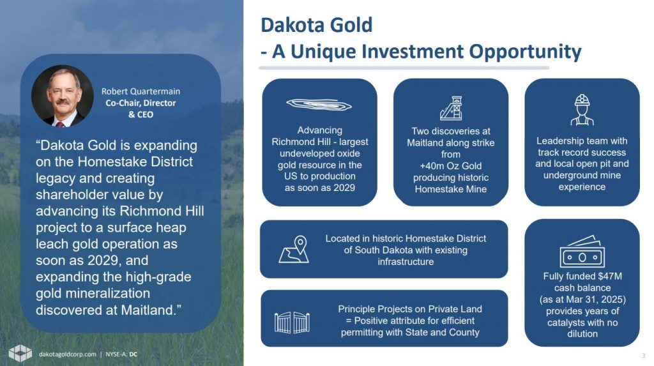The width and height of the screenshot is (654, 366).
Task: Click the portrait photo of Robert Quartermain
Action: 63,96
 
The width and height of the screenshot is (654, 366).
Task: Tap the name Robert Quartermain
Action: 141,91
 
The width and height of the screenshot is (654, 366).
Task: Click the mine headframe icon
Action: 451,108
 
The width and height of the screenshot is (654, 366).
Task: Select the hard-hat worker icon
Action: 582,110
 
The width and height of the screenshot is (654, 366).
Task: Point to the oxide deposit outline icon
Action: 319,104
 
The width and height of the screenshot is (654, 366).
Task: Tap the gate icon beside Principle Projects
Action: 292,322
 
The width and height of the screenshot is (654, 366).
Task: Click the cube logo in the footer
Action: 20,353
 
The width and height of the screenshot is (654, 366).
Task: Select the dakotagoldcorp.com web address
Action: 68,355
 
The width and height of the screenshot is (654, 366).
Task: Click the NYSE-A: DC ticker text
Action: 121,355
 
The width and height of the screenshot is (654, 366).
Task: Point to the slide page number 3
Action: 644,356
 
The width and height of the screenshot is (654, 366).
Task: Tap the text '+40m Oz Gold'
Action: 450,165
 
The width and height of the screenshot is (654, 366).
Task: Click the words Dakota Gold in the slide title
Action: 317,25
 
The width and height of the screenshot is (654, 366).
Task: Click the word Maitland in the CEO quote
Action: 146,310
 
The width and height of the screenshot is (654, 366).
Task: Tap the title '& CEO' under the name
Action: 141,114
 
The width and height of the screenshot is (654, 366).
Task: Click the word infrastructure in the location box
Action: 406,262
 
